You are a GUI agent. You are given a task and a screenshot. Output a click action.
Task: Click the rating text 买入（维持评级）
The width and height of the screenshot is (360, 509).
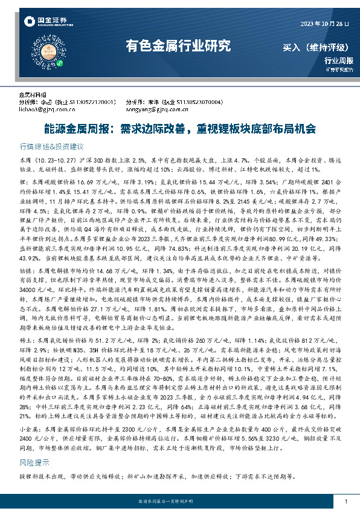(315, 47)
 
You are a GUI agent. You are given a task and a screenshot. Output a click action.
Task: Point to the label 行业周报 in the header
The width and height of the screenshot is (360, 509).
(335, 60)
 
